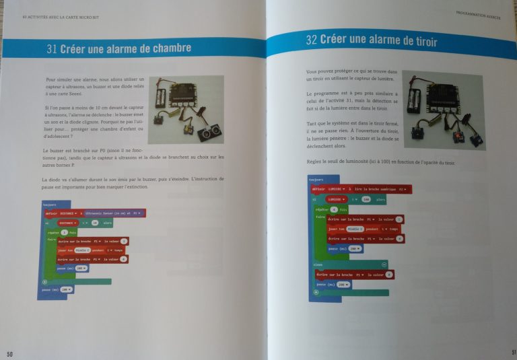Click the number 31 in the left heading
[53, 49]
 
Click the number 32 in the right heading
[311, 40]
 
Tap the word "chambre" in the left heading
[168, 48]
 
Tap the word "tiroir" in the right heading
[421, 42]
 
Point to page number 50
[9, 353]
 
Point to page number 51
[512, 351]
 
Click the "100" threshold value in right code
[367, 200]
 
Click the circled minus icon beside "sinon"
[384, 264]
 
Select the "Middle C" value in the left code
[84, 250]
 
